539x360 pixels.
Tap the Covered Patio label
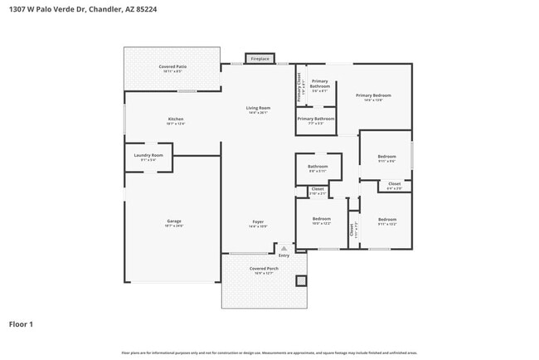(172, 66)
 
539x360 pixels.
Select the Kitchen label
(175, 119)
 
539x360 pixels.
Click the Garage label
(173, 221)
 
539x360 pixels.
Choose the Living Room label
(258, 108)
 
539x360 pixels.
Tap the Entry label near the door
(284, 255)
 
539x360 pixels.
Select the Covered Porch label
(263, 269)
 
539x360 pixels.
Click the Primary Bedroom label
(373, 95)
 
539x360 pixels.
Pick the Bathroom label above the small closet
(318, 166)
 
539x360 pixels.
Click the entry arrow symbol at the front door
(284, 248)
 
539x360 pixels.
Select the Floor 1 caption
(21, 324)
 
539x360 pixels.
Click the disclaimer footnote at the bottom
(269, 353)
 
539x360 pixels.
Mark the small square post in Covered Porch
(300, 280)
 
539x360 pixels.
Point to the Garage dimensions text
(173, 226)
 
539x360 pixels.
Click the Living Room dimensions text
(258, 113)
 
